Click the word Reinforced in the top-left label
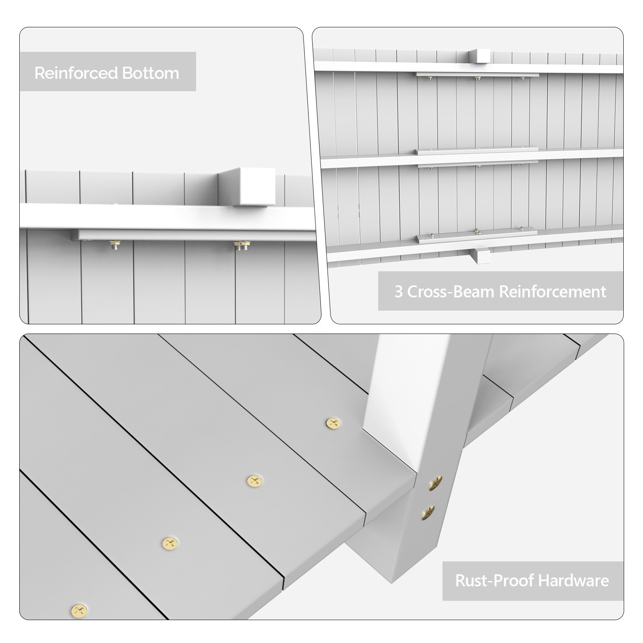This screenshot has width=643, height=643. tap(76, 73)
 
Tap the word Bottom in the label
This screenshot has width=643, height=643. tap(151, 73)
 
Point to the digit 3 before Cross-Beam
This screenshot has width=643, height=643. tap(398, 292)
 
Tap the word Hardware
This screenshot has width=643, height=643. tap(573, 581)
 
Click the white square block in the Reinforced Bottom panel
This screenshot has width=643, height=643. tap(247, 187)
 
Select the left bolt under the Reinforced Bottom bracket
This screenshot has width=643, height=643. tap(115, 245)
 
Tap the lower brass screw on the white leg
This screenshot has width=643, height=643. tap(428, 512)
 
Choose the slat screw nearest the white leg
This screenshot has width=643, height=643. tap(333, 423)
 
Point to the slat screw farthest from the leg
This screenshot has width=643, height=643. tap(79, 610)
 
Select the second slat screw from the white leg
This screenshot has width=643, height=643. tap(254, 481)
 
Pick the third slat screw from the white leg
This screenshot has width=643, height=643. tap(170, 543)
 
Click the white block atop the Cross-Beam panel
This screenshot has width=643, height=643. tap(479, 56)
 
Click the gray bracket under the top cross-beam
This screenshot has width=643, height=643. tap(477, 74)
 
